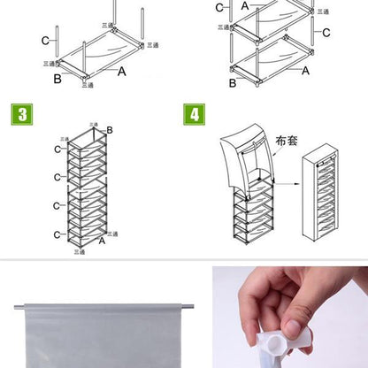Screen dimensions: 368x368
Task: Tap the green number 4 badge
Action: coord(194,114)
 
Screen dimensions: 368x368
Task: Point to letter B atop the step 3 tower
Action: coord(110,131)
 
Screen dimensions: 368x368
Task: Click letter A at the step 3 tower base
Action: coord(102,240)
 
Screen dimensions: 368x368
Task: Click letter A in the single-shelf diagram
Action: coord(122,71)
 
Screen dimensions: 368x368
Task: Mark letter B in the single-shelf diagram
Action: coord(57,78)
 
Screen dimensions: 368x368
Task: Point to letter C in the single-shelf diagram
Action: coord(45,41)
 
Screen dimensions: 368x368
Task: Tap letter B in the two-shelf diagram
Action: coord(233,83)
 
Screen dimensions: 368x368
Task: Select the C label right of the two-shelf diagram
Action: coord(326,33)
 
